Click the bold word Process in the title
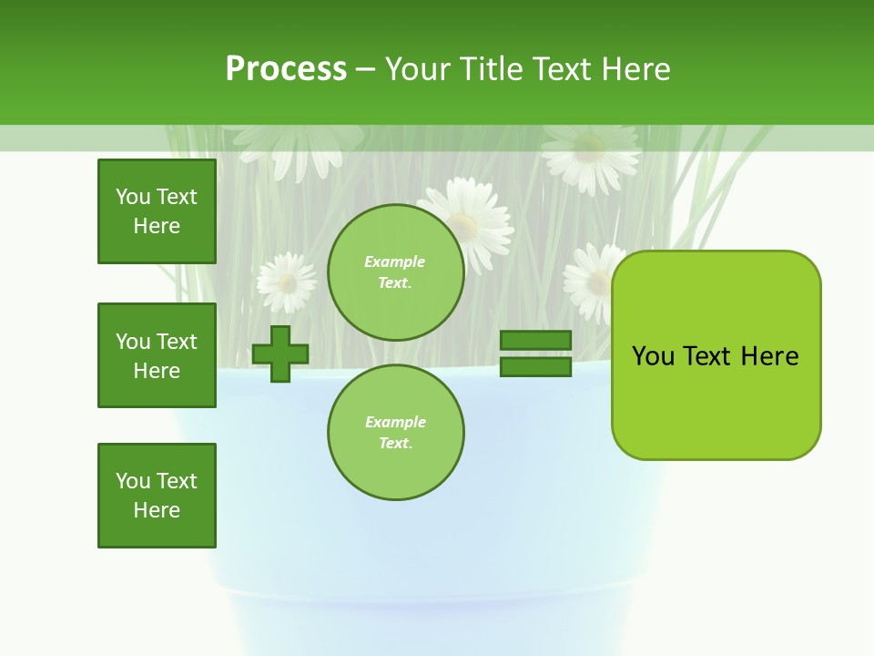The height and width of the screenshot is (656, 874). pos(286,69)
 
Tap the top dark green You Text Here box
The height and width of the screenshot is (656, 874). pos(157,211)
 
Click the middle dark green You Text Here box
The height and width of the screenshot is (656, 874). pos(157,355)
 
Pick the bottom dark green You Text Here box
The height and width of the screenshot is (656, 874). pos(157,496)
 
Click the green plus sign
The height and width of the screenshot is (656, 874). pos(280,354)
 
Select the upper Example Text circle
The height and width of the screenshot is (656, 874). pos(395,272)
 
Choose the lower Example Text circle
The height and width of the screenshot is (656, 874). pos(395,432)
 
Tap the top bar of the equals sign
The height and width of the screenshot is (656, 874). pos(536,340)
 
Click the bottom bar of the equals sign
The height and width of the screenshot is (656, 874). pos(536,366)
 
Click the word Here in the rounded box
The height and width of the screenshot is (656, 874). pos(769,356)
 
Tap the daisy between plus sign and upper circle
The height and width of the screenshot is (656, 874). pos(288,282)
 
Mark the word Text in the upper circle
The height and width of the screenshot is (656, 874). pos(394,282)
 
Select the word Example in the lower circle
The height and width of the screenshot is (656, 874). pos(395,422)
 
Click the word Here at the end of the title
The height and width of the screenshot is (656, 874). pos(638,69)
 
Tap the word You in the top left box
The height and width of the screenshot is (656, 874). pos(132,197)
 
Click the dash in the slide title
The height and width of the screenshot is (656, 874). pos(365,69)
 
